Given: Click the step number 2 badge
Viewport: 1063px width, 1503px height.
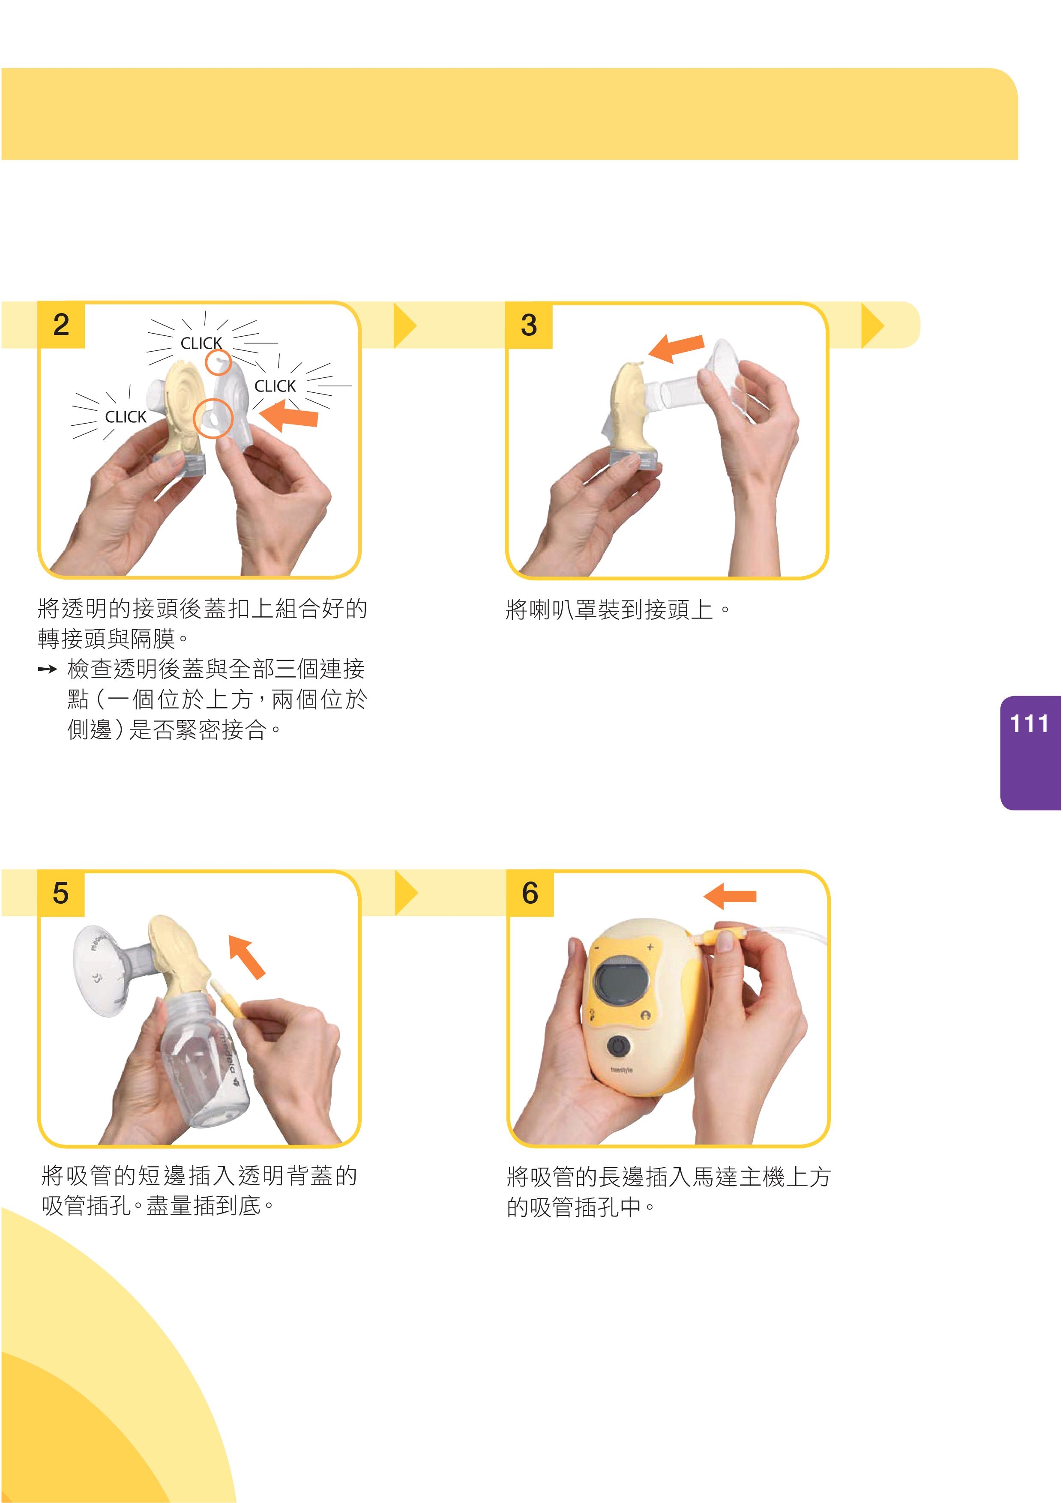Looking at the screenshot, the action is coord(61,326).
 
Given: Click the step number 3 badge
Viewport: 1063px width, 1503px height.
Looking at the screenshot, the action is coord(529,326).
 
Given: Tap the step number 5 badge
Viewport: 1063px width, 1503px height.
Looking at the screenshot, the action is coord(61,893).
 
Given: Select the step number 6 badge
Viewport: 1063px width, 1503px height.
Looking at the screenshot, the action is coord(530,893).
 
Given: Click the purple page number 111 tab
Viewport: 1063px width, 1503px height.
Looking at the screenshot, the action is coord(1031,753).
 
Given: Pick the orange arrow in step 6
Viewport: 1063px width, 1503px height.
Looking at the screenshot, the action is coord(730,896).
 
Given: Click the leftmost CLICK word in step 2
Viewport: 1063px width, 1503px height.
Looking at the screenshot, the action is coord(126,417).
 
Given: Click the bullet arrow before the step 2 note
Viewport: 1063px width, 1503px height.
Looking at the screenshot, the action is coord(47,669).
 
